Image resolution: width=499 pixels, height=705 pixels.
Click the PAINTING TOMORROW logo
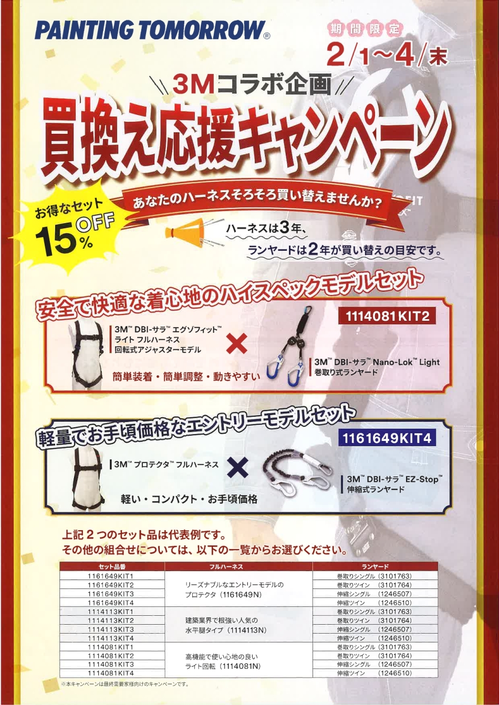pos(152,30)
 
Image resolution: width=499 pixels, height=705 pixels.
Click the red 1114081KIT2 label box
pos(387,315)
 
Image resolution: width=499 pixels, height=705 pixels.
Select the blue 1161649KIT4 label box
pos(387,438)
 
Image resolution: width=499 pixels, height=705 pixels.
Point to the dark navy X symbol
pos(238,467)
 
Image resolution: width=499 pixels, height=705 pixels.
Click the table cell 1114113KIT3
pos(111,629)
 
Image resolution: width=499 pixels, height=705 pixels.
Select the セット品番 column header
pos(112,566)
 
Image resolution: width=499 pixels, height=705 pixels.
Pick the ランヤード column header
pos(375,566)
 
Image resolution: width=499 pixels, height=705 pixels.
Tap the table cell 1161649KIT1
pos(111,576)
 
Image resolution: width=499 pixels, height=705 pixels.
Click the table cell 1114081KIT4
pos(111,673)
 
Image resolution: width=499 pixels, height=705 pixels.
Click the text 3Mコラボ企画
pos(252,85)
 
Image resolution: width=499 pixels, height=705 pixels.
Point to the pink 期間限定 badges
pos(365,29)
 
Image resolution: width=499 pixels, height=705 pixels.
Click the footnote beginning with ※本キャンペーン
pos(125,684)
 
